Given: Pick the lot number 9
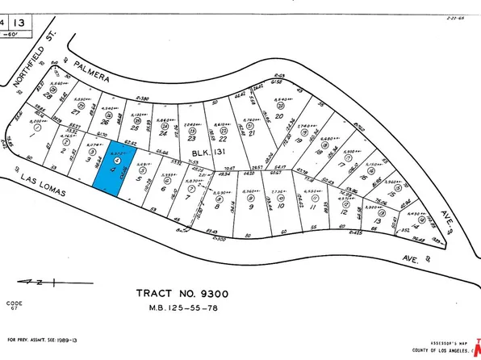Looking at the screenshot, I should [251, 205].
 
